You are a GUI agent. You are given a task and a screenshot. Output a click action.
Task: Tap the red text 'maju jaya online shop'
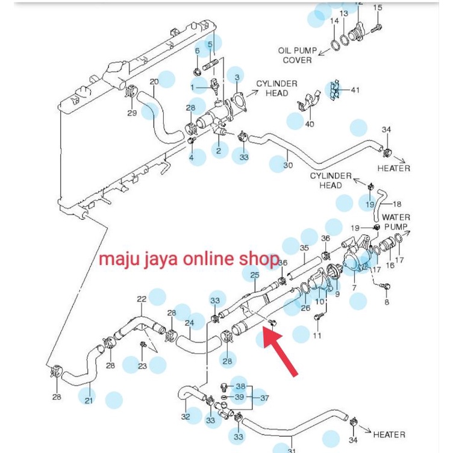(189, 260)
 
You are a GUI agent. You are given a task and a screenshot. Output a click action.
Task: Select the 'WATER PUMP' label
(396, 222)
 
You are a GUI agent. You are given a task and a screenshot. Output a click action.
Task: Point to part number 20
(154, 82)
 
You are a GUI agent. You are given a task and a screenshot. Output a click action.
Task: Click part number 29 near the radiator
(132, 113)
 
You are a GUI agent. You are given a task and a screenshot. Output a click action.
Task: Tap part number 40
(310, 124)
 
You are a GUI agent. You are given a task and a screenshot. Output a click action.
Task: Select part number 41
(355, 90)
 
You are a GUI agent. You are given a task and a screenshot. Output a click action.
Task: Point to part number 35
(304, 248)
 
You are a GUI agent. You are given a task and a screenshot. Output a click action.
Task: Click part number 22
(142, 299)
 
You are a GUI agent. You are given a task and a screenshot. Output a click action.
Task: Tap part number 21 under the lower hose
(89, 401)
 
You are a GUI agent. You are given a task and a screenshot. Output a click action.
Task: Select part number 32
(186, 416)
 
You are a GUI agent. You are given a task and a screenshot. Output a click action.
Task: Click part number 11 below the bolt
(317, 336)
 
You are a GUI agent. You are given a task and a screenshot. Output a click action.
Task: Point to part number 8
(387, 302)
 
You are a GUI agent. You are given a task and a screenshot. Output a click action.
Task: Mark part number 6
(197, 51)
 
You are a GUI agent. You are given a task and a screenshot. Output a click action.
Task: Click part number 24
(189, 323)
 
